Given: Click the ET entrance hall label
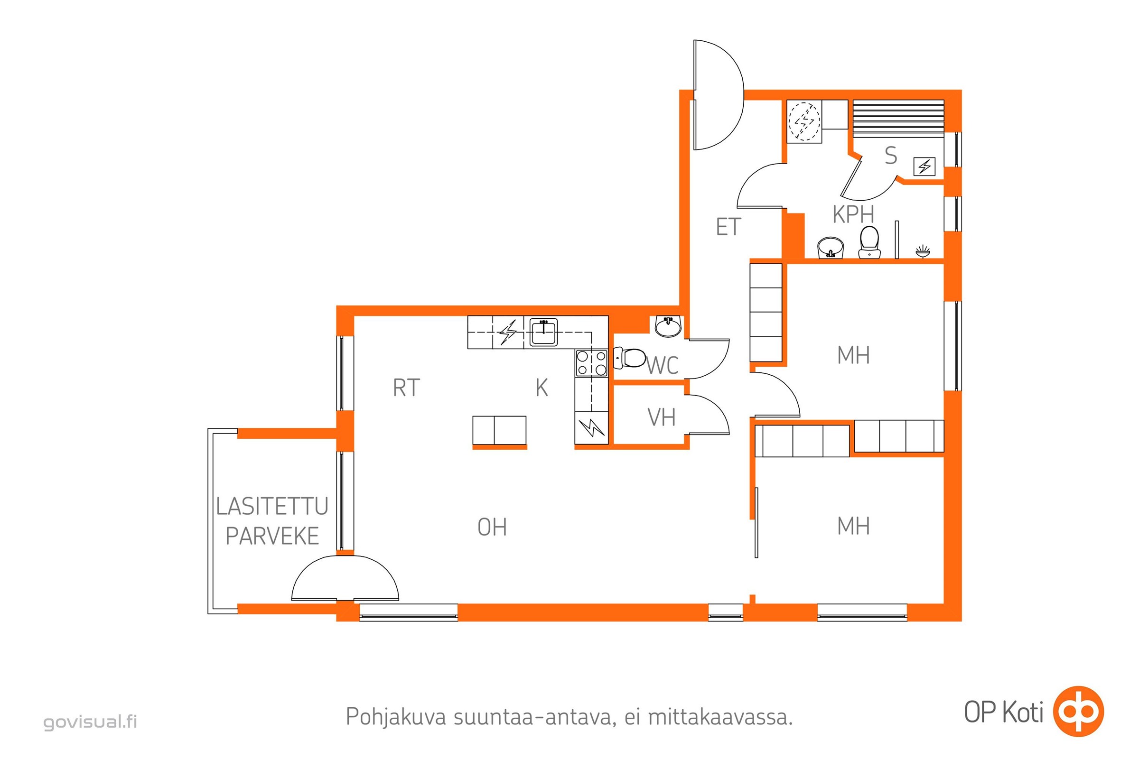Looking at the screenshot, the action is pyautogui.click(x=728, y=227).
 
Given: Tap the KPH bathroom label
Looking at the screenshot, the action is pyautogui.click(x=853, y=214).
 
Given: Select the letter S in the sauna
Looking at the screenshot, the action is pyautogui.click(x=891, y=156).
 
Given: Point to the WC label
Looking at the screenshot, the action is pyautogui.click(x=663, y=365).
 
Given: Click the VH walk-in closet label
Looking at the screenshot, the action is pyautogui.click(x=662, y=417).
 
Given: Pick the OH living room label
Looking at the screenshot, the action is pyautogui.click(x=492, y=527).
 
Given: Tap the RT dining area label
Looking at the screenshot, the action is pyautogui.click(x=406, y=388).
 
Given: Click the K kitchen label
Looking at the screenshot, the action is pyautogui.click(x=541, y=388).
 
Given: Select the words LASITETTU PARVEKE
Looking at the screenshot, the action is pyautogui.click(x=272, y=521).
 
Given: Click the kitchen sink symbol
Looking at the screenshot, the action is pyautogui.click(x=543, y=332).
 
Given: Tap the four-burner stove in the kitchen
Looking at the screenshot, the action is pyautogui.click(x=591, y=363).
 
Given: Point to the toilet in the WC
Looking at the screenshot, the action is pyautogui.click(x=630, y=358).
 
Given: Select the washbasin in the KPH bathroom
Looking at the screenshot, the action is pyautogui.click(x=831, y=248).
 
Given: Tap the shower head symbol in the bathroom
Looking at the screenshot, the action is pyautogui.click(x=923, y=252).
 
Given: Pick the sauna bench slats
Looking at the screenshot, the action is pyautogui.click(x=898, y=119).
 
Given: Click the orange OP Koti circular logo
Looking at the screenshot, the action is pyautogui.click(x=1079, y=712).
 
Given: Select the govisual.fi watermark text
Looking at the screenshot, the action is pyautogui.click(x=91, y=722).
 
